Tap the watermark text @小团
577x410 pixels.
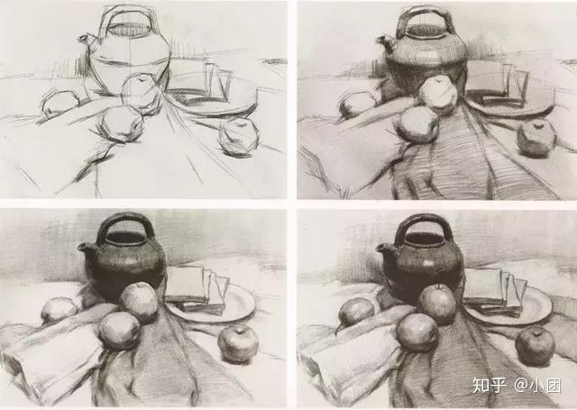(537, 386)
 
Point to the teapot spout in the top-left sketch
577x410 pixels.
(85, 40)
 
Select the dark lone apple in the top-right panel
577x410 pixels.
(536, 138)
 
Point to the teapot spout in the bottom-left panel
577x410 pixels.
(85, 248)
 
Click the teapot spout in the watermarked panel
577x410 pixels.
(385, 250)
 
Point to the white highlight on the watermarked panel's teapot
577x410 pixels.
(427, 262)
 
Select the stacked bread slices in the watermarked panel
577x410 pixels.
(496, 292)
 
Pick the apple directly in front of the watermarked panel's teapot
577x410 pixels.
(436, 304)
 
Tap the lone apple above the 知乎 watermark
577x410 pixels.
(535, 346)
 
